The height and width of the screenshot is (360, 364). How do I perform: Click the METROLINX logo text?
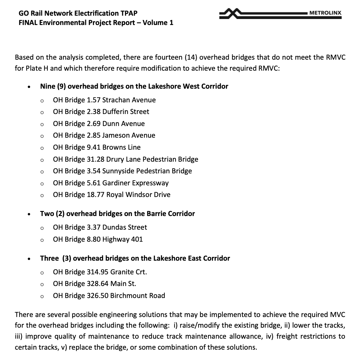coord(325,13)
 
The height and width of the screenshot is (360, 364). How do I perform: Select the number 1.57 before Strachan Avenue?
coord(94,100)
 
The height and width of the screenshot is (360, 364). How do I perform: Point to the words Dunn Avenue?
coord(123,124)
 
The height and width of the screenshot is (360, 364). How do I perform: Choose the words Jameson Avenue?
coord(129,135)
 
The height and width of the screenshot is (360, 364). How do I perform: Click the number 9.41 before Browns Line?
coord(94,147)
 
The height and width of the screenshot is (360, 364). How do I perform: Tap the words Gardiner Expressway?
coord(135,183)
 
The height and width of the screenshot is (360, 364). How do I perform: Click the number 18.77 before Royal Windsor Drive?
coord(96,195)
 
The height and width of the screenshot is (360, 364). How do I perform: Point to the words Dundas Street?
coord(125,227)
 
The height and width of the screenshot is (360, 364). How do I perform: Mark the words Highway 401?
coord(123,239)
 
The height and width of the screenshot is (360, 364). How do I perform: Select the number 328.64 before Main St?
coord(98,284)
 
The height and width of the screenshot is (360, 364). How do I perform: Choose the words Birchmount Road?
coord(138,296)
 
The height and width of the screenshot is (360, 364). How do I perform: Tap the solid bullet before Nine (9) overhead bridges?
coord(30,87)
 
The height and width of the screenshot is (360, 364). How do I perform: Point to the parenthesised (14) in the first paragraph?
coord(191,57)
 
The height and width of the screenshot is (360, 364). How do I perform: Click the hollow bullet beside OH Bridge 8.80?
coord(42,240)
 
